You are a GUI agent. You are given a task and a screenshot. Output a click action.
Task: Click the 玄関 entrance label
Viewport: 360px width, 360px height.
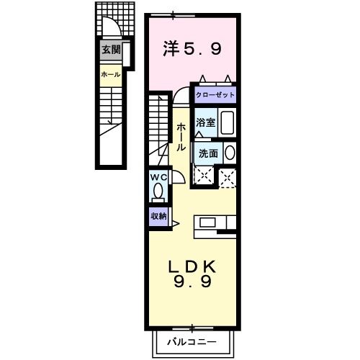pos(111,50)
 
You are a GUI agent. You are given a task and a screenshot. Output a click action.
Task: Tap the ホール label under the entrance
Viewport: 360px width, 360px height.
pos(111,74)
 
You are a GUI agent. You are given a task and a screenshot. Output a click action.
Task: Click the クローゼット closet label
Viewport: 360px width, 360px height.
pos(214,94)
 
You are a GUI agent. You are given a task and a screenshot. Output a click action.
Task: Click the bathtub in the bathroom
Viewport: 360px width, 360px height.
pos(227,123)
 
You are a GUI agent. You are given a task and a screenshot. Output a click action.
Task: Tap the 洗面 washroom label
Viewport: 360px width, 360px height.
pos(208,153)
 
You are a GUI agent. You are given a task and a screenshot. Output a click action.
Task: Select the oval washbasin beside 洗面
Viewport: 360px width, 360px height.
pos(230,153)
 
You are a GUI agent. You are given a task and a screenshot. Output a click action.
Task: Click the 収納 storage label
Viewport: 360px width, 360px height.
pos(158,216)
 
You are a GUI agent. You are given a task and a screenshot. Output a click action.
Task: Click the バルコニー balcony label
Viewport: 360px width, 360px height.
pos(192,340)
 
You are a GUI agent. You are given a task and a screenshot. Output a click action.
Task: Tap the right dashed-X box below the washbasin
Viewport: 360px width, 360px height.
pos(228,177)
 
